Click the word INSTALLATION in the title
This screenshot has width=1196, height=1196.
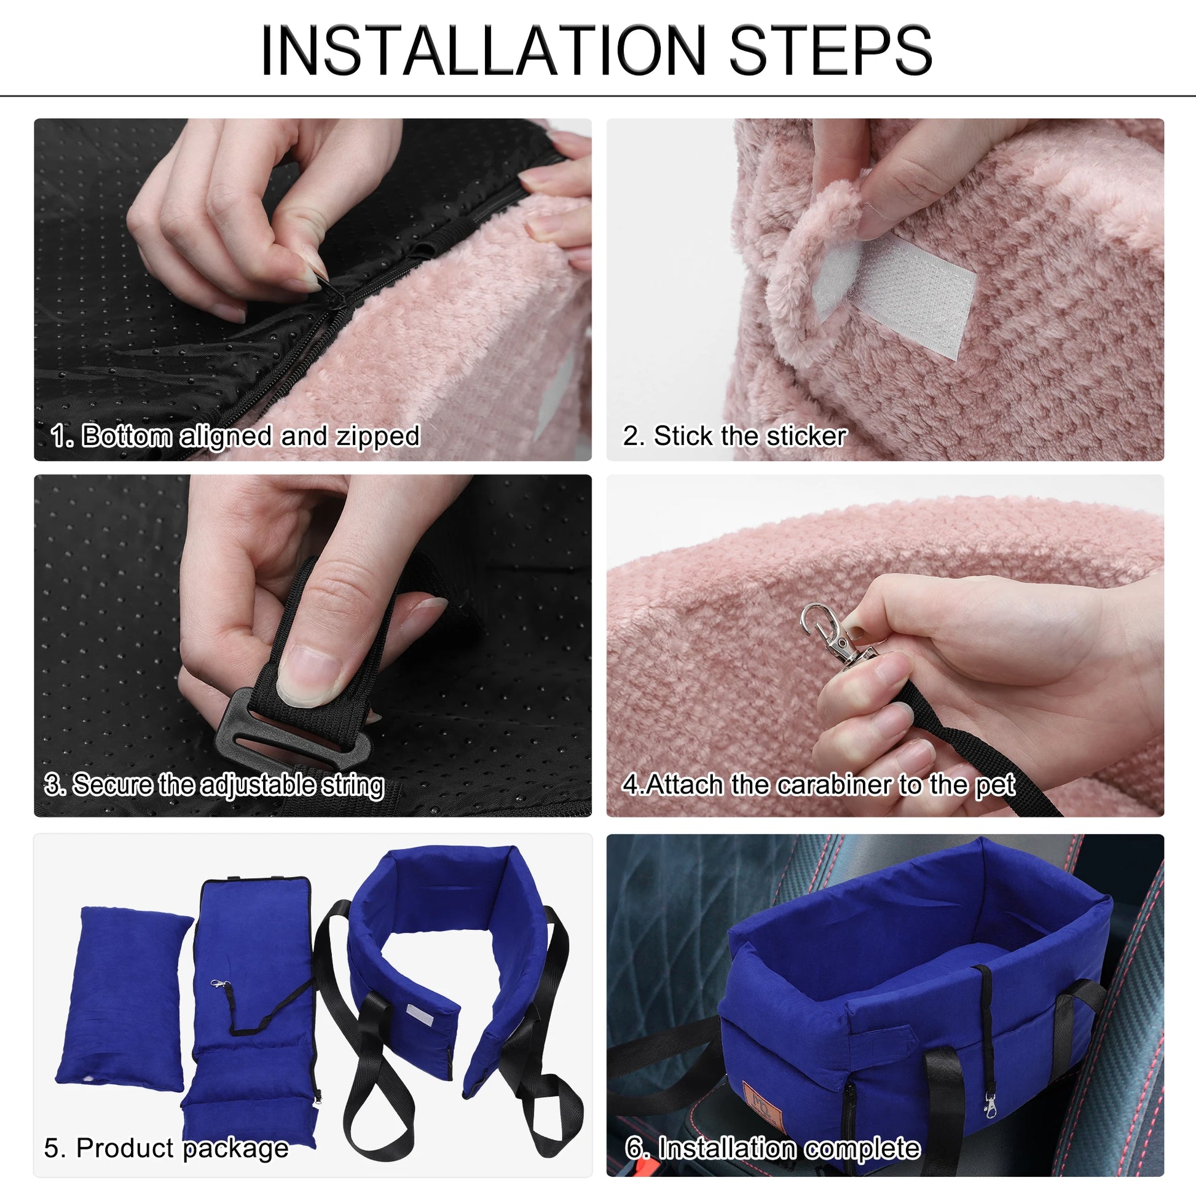pos(484,51)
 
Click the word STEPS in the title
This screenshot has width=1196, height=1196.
pos(831,51)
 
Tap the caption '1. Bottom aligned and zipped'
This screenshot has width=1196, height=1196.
pos(235,436)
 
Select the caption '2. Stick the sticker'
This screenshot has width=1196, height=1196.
pos(735,436)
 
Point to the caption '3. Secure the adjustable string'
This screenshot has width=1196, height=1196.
pos(214,785)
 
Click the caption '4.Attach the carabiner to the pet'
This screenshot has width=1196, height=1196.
pos(819,785)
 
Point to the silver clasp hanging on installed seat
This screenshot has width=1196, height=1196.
pos(991,1106)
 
